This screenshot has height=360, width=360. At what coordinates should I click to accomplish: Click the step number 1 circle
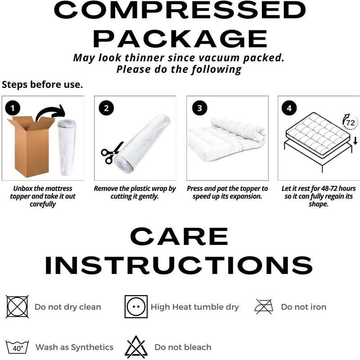13,108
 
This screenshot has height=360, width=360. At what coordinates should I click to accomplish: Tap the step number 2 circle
106,108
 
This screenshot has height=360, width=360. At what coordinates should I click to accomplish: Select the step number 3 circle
199,108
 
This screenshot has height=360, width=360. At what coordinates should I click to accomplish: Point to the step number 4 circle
289,108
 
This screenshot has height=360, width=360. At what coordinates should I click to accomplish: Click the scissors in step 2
112,153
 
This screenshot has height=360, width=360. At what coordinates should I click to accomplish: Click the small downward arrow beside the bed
355,140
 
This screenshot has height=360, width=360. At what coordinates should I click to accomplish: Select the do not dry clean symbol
17,306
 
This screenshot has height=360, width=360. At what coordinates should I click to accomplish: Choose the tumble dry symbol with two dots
136,306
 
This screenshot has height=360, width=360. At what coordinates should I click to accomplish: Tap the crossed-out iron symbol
264,306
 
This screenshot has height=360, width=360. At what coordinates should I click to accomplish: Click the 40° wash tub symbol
17,346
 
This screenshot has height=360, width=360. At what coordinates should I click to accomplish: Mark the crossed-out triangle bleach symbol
136,347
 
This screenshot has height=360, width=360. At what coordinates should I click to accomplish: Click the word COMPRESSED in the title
180,10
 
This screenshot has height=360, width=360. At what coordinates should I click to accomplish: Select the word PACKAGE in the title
180,39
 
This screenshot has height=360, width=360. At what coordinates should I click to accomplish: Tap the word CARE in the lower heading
179,236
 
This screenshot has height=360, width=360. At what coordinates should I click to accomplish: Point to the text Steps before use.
42,85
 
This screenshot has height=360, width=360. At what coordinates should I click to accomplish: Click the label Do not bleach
183,347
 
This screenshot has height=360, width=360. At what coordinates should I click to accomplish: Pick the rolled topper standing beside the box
67,147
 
